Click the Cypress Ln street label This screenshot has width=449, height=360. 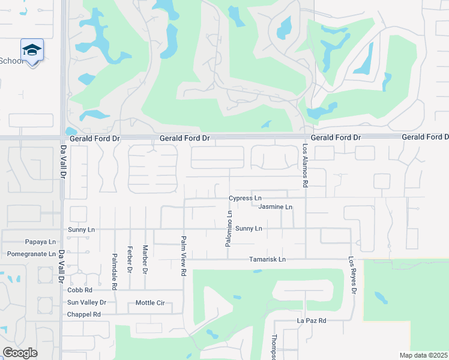click(245, 198)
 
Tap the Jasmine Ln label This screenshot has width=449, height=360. click(275, 207)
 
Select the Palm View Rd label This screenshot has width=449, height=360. click(184, 255)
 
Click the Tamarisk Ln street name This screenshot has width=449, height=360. click(267, 259)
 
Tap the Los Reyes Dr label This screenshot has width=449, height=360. click(354, 275)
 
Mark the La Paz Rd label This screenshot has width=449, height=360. click(312, 321)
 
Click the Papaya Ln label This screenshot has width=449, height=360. click(40, 242)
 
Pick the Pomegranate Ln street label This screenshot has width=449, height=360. click(31, 254)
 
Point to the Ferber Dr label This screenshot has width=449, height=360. click(130, 259)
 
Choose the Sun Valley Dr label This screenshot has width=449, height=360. click(86, 302)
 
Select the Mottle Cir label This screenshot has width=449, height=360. click(150, 302)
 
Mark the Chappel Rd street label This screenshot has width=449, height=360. click(83, 314)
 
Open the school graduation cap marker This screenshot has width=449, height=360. click(32, 50)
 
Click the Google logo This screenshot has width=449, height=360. click(20, 352)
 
